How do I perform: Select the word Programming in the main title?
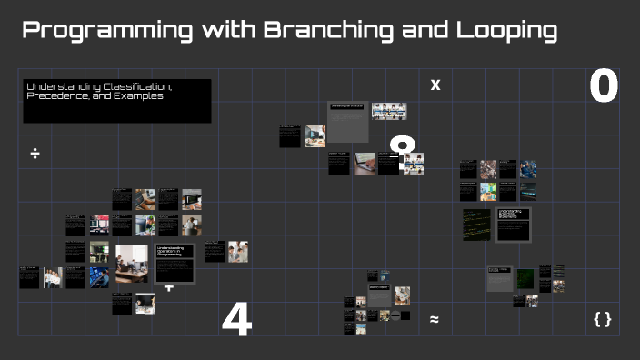[106, 31]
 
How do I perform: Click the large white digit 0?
[603, 87]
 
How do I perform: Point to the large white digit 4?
[236, 321]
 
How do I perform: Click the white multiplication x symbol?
[435, 85]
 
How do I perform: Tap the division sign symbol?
[35, 154]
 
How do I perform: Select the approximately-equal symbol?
[435, 319]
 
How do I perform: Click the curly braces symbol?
[602, 319]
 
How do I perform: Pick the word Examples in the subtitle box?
[140, 95]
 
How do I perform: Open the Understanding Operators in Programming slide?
[175, 263]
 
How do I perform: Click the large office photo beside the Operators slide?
[130, 264]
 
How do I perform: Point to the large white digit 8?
[402, 150]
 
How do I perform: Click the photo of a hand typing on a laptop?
[365, 164]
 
